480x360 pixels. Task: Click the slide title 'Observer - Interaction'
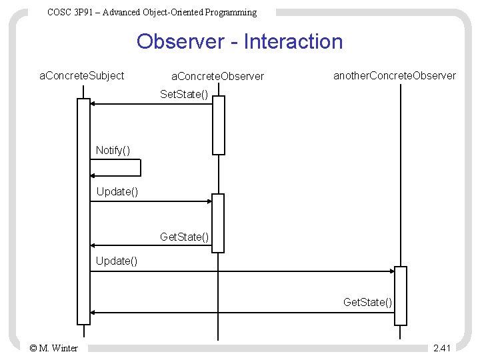pos(239,42)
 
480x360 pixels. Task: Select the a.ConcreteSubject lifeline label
pos(82,75)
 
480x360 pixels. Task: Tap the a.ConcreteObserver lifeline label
pos(218,77)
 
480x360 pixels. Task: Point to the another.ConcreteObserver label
pos(395,75)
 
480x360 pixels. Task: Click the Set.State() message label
pos(185,95)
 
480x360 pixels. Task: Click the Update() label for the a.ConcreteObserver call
pos(117,192)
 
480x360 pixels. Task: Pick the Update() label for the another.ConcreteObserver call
pos(117,260)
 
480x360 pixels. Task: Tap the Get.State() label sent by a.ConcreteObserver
pos(185,236)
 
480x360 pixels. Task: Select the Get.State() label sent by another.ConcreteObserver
pos(367,302)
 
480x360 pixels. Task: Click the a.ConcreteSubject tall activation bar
pos(83,213)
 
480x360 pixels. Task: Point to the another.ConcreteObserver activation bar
pos(400,295)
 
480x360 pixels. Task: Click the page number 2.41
pos(441,347)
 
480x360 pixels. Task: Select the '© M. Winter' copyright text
pos(54,347)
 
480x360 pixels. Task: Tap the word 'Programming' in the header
pos(229,12)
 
